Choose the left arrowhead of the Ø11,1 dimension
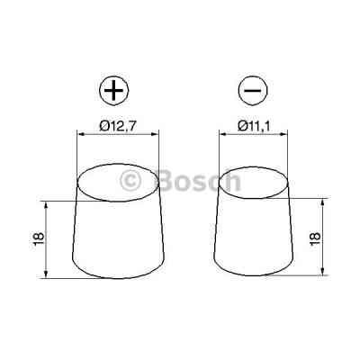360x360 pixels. [220, 134]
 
